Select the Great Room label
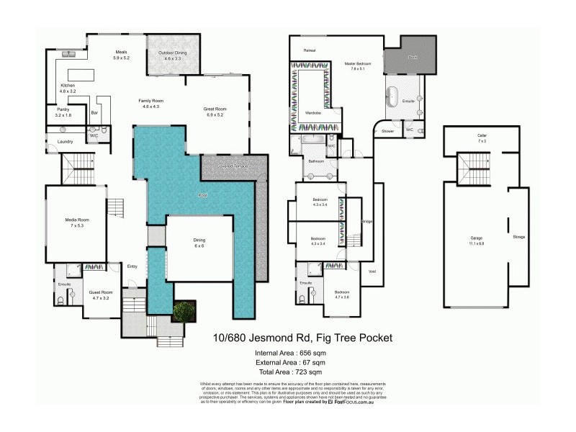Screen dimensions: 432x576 (215, 112)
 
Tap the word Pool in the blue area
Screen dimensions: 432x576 (203, 195)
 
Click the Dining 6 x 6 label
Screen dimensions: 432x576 (199, 243)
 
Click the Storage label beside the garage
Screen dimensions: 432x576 (518, 237)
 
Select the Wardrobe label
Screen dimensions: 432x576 (312, 113)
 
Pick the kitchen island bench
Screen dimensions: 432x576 (81, 75)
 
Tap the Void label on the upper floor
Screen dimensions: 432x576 (372, 271)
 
